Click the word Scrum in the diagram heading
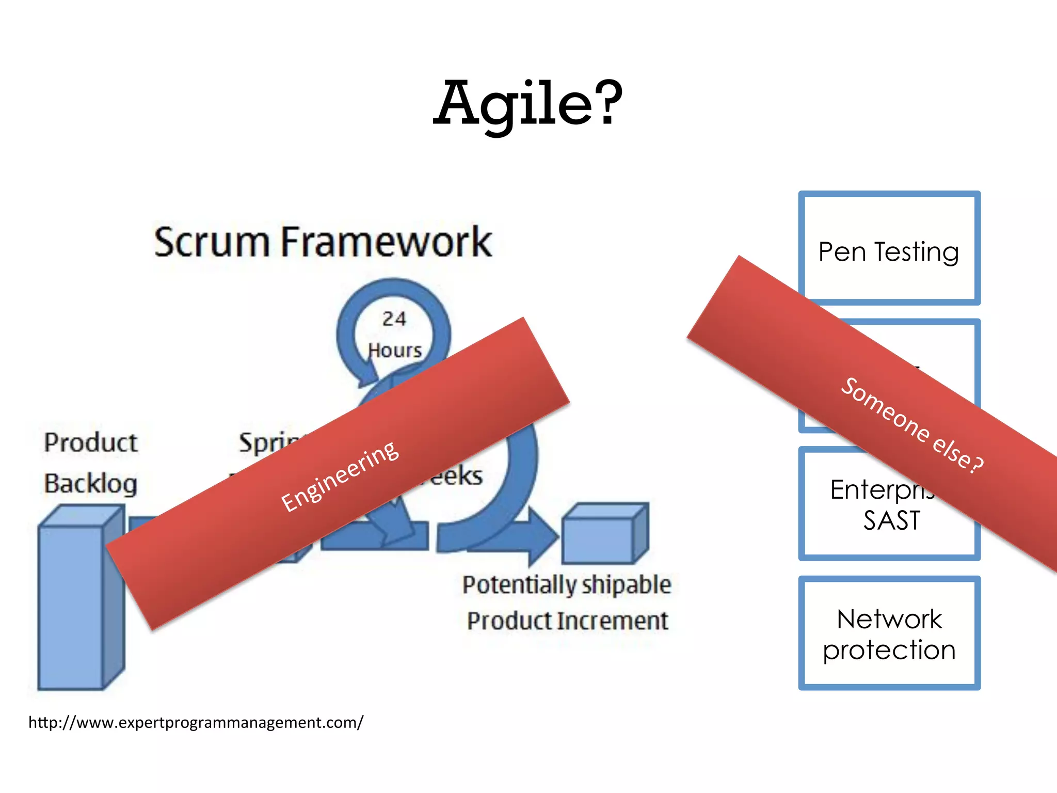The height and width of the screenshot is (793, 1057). coord(212,242)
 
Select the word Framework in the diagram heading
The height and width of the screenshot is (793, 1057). coord(386,242)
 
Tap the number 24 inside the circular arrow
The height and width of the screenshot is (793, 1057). coord(394,319)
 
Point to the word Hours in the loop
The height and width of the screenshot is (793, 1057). coord(395,351)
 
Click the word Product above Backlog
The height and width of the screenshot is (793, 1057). coord(91,442)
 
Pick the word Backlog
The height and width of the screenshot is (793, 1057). coord(91,484)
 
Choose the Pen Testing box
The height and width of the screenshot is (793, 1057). coord(889,248)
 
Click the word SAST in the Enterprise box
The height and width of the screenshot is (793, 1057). coord(892,520)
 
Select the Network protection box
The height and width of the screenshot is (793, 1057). coord(889,633)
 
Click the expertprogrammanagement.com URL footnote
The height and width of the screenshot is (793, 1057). coord(196,722)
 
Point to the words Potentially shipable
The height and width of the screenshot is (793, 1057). coord(567,585)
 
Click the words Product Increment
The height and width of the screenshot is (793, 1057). coord(567,621)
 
